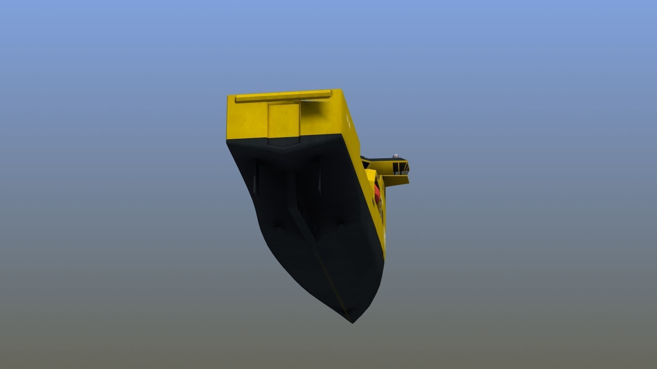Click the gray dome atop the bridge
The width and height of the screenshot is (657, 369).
tap(396, 155)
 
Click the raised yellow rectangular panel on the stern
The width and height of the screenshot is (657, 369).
tap(283, 121)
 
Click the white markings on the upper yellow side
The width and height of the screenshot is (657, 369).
tap(349, 120)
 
